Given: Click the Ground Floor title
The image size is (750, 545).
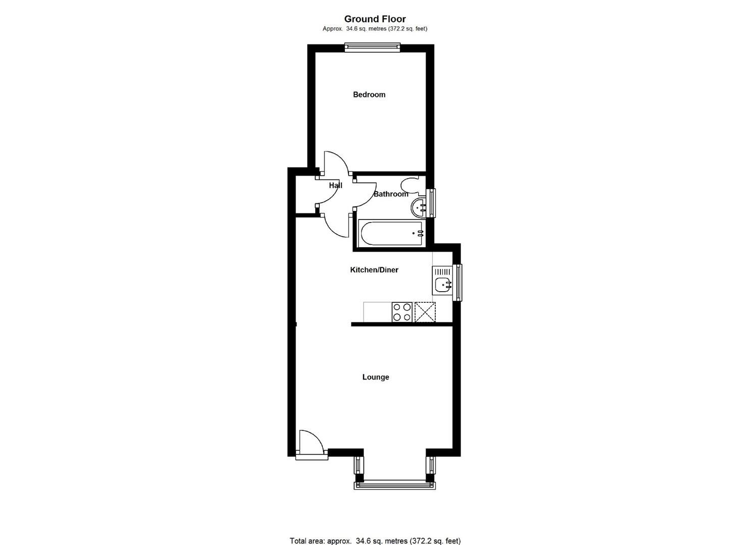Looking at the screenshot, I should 375,19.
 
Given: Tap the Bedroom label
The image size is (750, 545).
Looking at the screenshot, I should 369,94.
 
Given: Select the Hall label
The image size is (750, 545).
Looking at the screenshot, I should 335,185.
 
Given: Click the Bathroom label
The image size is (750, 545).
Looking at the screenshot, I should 390,194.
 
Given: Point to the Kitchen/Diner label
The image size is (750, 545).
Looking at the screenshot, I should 374,270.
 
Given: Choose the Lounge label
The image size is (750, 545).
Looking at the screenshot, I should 375,377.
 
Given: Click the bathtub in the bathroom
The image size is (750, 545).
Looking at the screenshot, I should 391,233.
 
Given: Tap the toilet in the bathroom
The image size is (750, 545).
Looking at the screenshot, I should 410,186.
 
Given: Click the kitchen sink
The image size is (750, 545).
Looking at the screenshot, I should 443,285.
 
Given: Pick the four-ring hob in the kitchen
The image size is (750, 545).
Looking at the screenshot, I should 402,312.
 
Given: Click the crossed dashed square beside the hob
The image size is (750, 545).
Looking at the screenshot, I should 425,312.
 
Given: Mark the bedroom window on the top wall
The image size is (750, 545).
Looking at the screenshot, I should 372,48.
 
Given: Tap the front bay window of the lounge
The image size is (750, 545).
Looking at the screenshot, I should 394,485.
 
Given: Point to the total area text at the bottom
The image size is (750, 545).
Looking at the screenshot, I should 375,540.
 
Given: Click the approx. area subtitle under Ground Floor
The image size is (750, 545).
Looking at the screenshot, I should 375,29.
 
